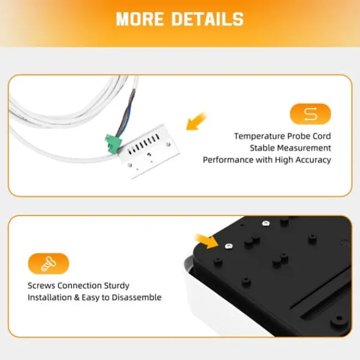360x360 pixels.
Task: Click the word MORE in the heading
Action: point(140,19)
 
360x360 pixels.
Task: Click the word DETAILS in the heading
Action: point(208,19)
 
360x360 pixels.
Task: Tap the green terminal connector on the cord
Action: point(113,144)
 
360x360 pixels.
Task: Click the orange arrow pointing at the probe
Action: point(196,121)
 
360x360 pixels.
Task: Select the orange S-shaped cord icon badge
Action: point(310,114)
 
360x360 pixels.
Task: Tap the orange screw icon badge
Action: point(49,263)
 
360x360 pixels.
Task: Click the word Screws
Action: point(41,286)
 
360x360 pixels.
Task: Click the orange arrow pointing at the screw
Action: point(206,241)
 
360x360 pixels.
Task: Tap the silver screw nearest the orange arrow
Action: point(229,247)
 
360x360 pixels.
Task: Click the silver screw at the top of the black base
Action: point(266,223)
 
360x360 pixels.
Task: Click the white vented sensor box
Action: point(149,152)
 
